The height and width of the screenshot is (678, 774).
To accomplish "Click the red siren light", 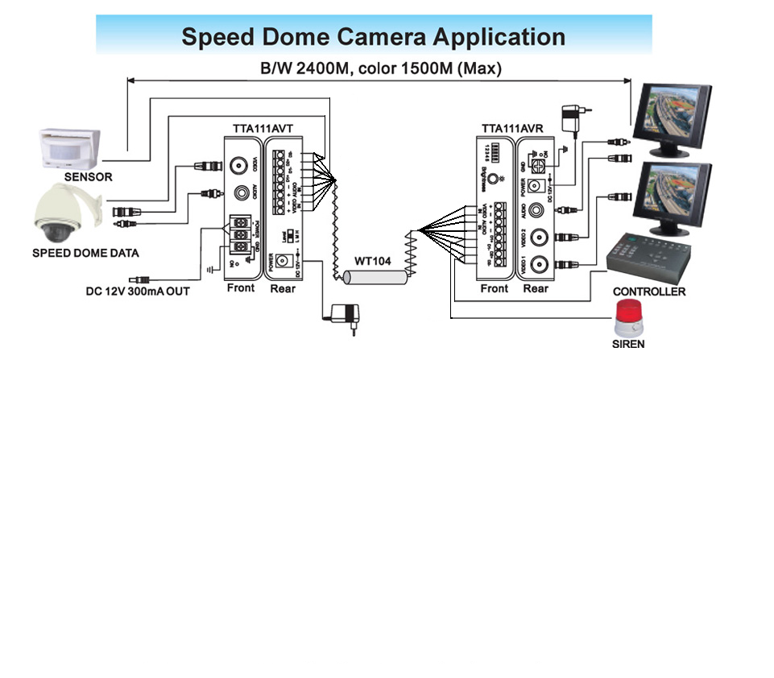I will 629,317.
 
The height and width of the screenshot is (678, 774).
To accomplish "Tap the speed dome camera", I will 61,213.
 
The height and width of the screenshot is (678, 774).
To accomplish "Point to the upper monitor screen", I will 672,116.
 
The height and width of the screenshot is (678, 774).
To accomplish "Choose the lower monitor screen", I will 671,196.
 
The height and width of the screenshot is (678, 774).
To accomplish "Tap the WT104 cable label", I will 375,263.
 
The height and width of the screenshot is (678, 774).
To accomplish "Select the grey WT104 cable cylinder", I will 375,278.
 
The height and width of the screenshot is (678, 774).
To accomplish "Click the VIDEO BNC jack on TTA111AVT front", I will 239,166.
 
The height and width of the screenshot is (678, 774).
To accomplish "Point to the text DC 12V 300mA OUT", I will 138,291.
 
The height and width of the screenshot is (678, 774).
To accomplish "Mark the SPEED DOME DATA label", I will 85,253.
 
